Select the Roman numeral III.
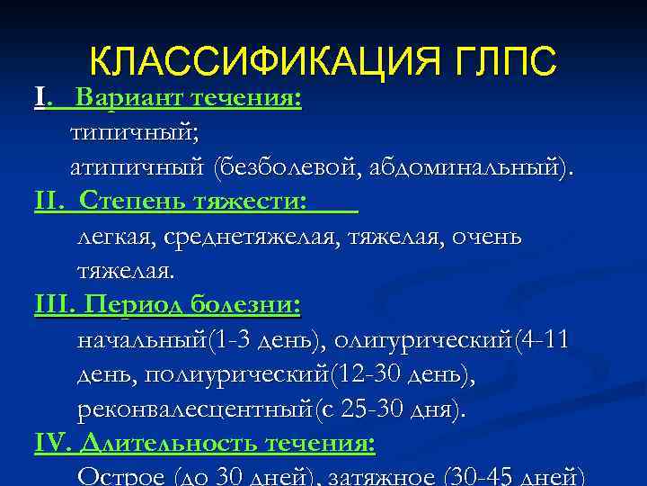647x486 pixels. [52, 305]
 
